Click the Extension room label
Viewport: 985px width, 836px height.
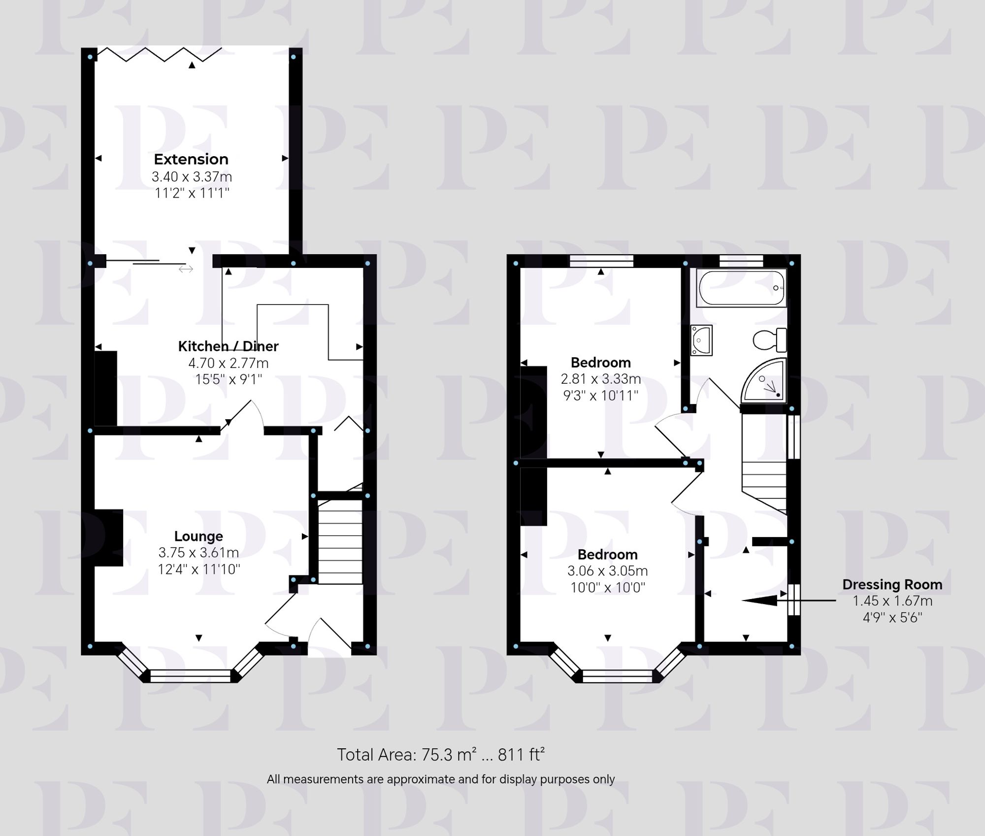click(x=191, y=159)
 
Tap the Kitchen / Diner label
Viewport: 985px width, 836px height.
click(x=228, y=346)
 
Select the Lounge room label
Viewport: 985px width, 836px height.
click(x=198, y=536)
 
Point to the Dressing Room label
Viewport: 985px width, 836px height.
click(x=892, y=584)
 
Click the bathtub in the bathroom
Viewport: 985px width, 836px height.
click(x=741, y=288)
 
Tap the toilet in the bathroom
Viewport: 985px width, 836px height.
click(x=770, y=340)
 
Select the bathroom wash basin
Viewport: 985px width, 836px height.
click(x=701, y=339)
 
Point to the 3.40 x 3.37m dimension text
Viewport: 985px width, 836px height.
click(x=192, y=176)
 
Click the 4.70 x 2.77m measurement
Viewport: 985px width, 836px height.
click(x=229, y=363)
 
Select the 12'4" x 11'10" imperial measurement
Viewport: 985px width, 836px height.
click(x=198, y=569)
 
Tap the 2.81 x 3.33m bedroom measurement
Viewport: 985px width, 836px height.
click(x=601, y=379)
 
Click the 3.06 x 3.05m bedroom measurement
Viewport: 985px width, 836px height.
click(x=607, y=571)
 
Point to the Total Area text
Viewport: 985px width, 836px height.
click(x=440, y=755)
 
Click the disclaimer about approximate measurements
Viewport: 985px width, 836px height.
click(x=440, y=779)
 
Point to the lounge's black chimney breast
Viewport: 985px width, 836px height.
click(x=109, y=537)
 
